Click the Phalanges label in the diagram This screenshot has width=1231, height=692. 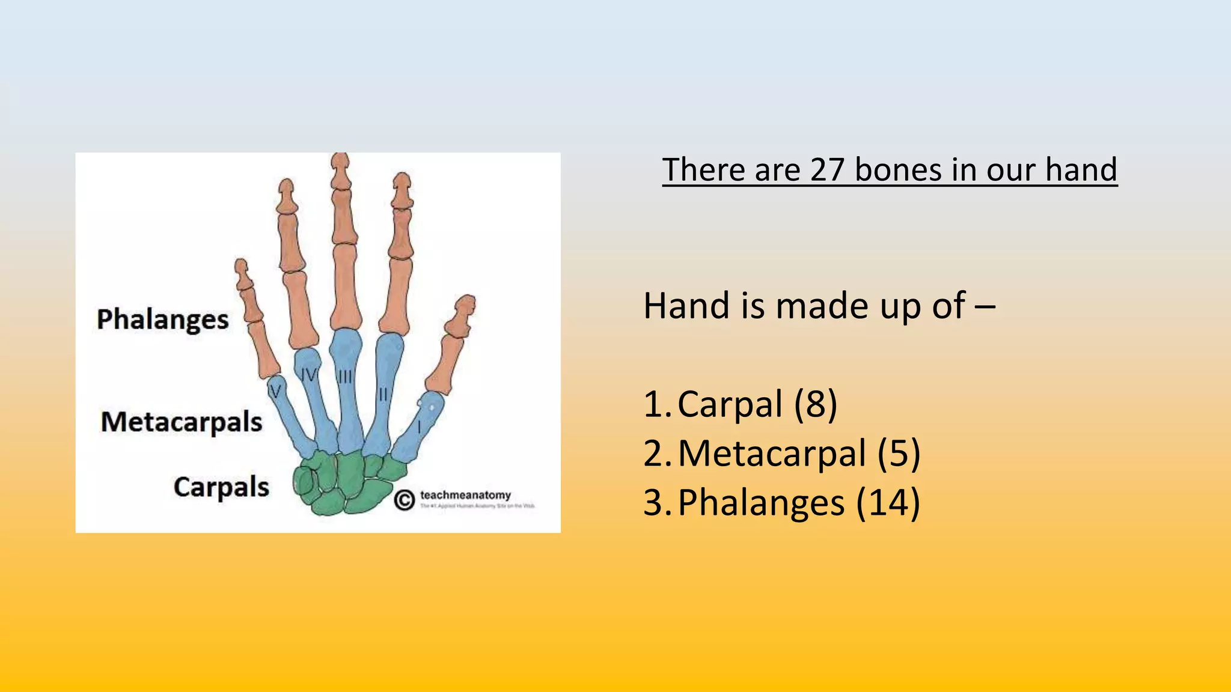pos(163,320)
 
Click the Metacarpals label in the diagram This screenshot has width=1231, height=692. pos(182,422)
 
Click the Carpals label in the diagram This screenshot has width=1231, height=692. pos(221,487)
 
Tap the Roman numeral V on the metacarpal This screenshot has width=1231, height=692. pos(275,392)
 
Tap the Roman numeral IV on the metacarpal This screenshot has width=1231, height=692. pos(308,375)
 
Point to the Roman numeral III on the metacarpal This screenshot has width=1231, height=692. pos(345,377)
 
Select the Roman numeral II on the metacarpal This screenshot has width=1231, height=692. pos(383,395)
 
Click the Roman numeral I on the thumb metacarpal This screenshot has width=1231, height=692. pos(419,426)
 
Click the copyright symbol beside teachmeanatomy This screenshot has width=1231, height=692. pos(405,500)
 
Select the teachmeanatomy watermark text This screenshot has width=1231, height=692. pos(465,495)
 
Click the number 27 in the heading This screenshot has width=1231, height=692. pos(827,170)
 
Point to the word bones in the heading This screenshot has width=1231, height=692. pos(899,170)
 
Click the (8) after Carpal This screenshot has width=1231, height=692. pos(815,404)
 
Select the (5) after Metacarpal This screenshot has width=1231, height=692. pos(899,454)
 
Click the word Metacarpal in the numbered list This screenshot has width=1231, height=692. pos(772,454)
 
